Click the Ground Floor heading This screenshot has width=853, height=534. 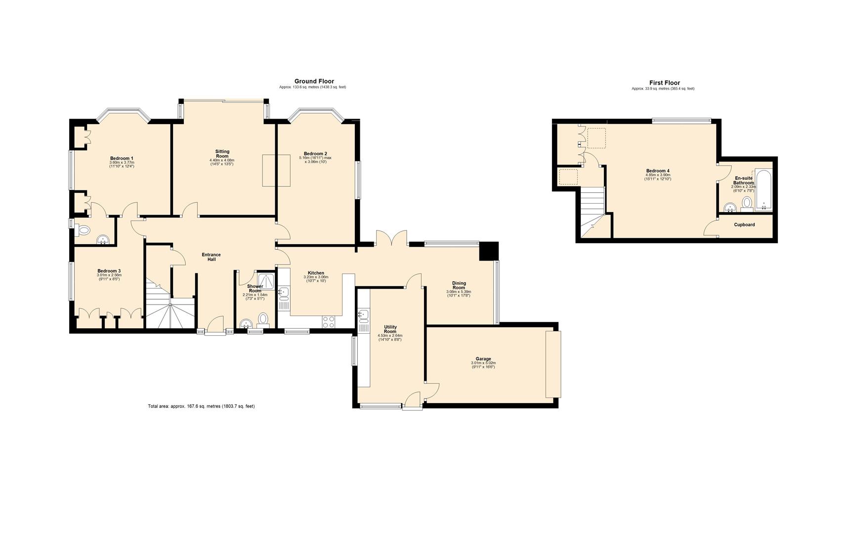click(x=314, y=81)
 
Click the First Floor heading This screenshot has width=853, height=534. click(x=664, y=83)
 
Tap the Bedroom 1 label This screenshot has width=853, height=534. click(x=122, y=158)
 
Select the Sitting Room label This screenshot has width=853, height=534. click(x=222, y=154)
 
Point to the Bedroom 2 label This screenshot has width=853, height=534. click(x=315, y=154)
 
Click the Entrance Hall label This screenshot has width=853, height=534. click(x=211, y=257)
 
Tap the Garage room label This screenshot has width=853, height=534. click(x=483, y=359)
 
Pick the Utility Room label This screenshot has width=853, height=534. click(x=390, y=329)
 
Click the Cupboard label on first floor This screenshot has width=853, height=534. click(x=744, y=225)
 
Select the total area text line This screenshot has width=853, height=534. click(x=201, y=406)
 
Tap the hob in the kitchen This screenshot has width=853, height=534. click(x=329, y=321)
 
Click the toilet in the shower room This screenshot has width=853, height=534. click(x=263, y=319)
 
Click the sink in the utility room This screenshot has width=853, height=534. click(x=364, y=314)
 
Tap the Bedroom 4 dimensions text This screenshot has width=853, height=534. click(x=657, y=177)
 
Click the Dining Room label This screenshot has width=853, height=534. click(x=459, y=285)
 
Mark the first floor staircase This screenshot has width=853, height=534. click(x=592, y=211)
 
